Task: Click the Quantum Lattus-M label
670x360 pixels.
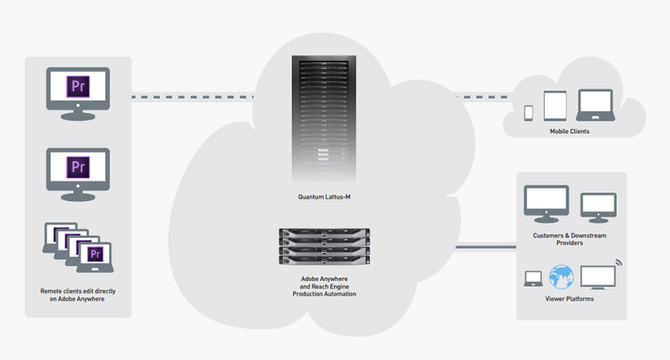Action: click(324, 197)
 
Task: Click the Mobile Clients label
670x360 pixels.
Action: click(569, 132)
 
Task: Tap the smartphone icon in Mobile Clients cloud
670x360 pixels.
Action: click(528, 112)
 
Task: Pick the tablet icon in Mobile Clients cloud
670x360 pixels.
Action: click(555, 106)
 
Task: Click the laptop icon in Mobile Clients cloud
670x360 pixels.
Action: click(594, 105)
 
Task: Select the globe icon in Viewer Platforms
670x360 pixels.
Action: click(561, 276)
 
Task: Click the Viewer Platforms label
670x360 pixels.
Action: click(569, 299)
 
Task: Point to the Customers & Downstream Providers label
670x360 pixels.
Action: click(569, 239)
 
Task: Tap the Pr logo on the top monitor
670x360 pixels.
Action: click(78, 86)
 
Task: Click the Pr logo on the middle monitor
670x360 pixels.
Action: click(78, 166)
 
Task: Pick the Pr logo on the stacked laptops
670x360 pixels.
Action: click(96, 254)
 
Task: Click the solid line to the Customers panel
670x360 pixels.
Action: click(485, 249)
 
